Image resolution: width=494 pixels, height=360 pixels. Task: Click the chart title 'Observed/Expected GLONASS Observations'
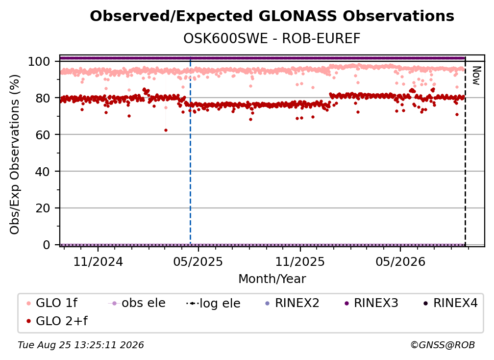[272, 16]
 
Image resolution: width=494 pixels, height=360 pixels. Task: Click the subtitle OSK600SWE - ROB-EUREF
[272, 39]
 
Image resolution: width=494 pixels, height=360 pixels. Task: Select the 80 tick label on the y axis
[43, 98]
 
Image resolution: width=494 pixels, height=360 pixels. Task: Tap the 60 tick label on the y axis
[43, 135]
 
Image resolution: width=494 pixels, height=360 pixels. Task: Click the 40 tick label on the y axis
[43, 172]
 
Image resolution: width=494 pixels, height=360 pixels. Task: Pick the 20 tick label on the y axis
[43, 208]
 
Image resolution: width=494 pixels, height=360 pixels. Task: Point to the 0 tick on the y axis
[46, 245]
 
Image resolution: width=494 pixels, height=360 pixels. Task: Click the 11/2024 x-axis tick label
[98, 261]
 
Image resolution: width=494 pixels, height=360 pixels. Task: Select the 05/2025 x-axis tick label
[198, 261]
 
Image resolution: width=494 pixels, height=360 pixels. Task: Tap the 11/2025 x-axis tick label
[300, 261]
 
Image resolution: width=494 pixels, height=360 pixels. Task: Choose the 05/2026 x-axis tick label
[400, 261]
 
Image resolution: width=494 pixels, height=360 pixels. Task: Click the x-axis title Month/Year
[272, 279]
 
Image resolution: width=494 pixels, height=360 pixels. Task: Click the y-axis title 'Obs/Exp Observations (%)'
[15, 154]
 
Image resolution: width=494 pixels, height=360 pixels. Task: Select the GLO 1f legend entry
[52, 303]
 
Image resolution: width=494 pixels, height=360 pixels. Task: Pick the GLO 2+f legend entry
[57, 321]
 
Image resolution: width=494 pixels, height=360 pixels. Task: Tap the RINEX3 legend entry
[371, 303]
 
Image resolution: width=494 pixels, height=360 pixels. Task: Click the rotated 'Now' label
[476, 76]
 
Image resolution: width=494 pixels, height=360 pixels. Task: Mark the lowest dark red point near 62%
[166, 130]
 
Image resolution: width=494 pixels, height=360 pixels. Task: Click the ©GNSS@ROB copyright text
[443, 345]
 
